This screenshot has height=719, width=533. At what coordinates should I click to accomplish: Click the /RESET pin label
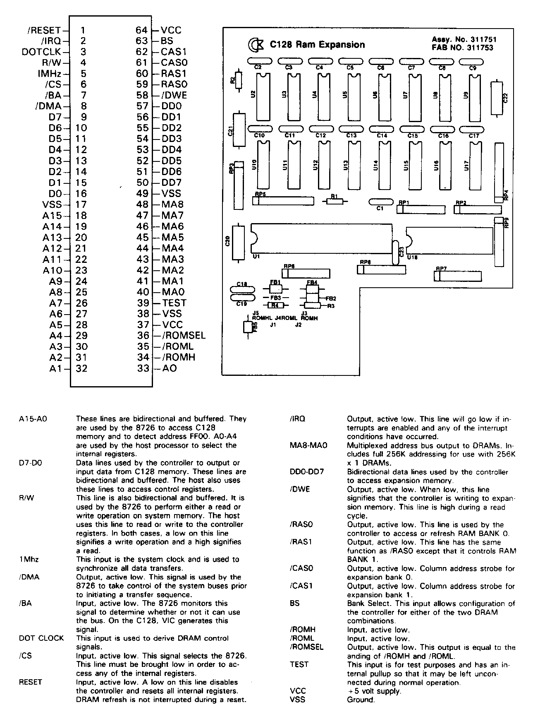click(x=44, y=30)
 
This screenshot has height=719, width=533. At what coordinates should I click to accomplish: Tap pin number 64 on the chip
click(x=142, y=30)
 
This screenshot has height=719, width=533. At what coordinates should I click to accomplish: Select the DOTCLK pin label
click(x=41, y=52)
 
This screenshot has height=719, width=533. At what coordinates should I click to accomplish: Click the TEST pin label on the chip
click(x=174, y=303)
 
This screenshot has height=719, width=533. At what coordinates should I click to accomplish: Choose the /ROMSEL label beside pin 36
click(x=183, y=336)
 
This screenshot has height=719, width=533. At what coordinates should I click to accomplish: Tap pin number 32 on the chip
click(x=81, y=368)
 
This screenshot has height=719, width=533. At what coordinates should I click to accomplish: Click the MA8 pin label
click(x=172, y=204)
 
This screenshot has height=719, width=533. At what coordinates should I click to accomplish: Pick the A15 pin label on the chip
click(x=52, y=216)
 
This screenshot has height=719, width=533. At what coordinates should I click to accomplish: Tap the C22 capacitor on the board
click(x=496, y=98)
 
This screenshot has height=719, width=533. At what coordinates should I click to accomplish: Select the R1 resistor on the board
click(x=335, y=201)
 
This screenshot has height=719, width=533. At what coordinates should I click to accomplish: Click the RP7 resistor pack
click(x=459, y=276)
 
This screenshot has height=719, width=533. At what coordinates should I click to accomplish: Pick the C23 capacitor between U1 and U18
click(x=396, y=252)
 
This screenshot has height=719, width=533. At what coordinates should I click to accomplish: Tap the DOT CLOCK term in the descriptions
click(x=41, y=638)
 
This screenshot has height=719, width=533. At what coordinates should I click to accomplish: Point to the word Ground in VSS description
click(x=361, y=700)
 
